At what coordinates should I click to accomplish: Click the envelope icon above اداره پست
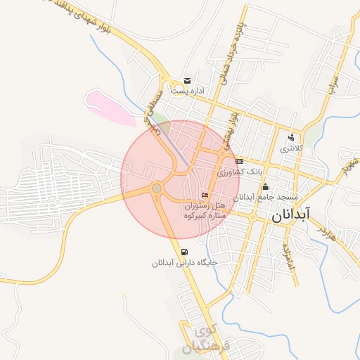(x=187, y=81)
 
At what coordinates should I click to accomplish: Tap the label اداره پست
(x=188, y=91)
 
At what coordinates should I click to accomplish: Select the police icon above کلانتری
(x=291, y=136)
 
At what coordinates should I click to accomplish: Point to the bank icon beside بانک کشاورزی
(x=240, y=161)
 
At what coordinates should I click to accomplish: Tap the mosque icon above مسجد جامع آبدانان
(x=265, y=186)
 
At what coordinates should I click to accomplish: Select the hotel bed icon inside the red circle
(x=205, y=195)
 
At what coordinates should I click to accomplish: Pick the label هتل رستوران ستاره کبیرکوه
(x=205, y=210)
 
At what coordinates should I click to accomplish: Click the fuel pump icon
(x=184, y=252)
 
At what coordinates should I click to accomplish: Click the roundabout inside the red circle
(x=157, y=188)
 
